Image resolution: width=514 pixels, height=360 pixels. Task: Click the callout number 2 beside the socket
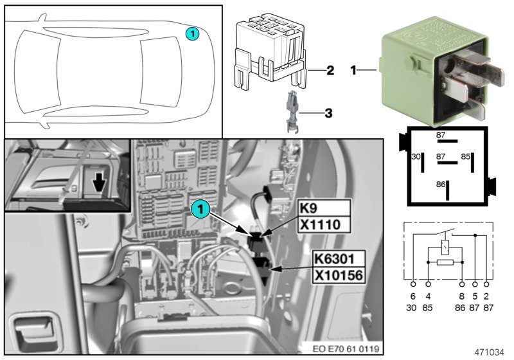329,70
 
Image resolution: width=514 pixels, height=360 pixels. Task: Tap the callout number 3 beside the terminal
328,114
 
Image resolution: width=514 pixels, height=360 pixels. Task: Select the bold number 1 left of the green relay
353,68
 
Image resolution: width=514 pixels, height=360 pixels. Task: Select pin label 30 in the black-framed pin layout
416,157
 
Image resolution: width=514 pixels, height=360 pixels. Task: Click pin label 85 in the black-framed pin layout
466,157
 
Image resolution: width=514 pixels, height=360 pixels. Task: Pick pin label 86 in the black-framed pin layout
440,184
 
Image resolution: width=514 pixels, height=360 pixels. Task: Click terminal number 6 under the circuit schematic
412,296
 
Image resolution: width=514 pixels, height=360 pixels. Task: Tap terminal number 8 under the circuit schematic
461,296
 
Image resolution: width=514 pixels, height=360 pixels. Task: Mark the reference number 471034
489,352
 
